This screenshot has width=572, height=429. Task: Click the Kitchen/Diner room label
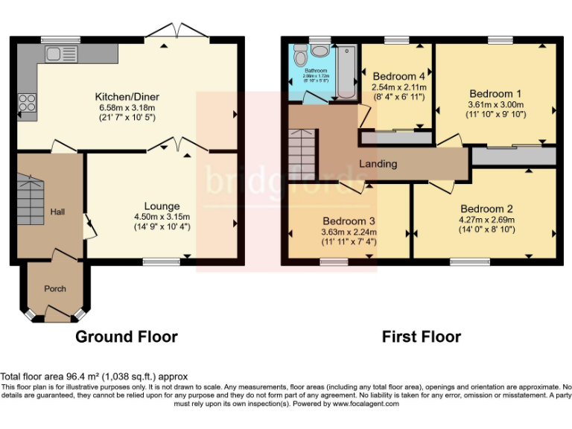coord(127,97)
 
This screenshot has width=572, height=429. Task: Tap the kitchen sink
coord(57,53)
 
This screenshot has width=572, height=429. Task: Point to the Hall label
coord(57,212)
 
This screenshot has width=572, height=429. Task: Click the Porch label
coord(55,289)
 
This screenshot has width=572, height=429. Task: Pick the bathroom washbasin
coord(322,51)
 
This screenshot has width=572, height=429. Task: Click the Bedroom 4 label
coord(398,76)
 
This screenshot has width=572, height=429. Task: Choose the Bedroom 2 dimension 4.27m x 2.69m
coord(486,220)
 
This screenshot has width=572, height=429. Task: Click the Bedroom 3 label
coord(348,221)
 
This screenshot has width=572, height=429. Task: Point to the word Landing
coord(378,164)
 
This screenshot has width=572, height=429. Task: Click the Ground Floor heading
coord(127,337)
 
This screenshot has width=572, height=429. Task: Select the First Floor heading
coord(421,337)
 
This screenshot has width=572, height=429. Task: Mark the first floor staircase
coord(302,149)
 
